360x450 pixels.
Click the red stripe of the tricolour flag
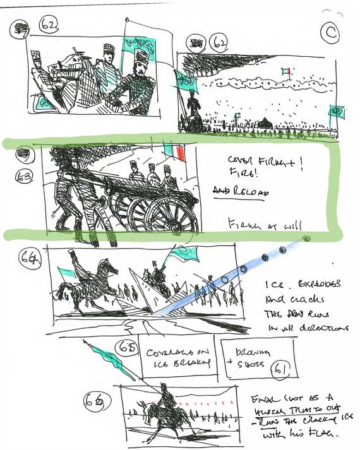tap(181, 153)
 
